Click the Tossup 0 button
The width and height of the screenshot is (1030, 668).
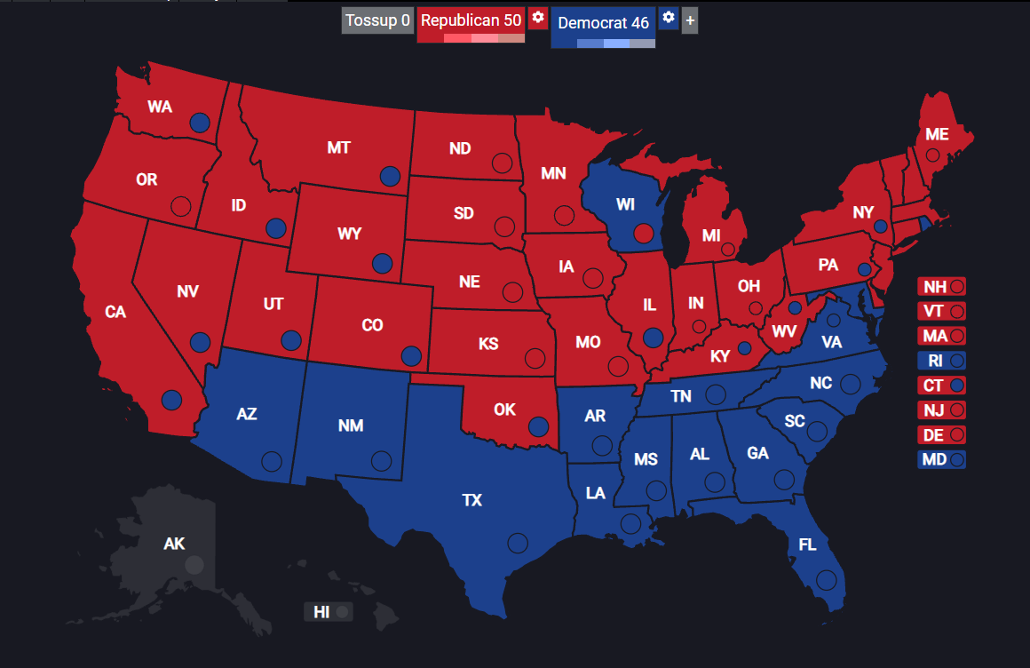(378, 21)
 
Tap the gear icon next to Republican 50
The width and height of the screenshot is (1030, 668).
(537, 19)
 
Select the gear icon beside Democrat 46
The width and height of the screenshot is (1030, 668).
(669, 19)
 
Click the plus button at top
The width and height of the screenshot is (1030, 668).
(690, 21)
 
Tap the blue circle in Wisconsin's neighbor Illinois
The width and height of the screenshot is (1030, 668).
(653, 338)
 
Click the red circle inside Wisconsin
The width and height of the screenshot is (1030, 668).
(645, 234)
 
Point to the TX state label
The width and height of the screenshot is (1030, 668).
(472, 501)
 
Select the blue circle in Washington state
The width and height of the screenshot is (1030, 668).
(200, 123)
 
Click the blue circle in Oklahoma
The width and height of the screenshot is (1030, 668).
(538, 426)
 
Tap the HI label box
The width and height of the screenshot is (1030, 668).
(329, 612)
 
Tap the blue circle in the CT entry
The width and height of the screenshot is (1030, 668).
(957, 386)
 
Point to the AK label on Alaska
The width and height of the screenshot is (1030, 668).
(174, 544)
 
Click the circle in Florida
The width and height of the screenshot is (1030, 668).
(827, 580)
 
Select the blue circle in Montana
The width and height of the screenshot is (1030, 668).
(389, 177)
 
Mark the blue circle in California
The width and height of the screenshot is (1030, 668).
(171, 401)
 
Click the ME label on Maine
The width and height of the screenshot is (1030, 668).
(937, 135)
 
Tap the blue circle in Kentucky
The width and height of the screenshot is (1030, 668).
(744, 348)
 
